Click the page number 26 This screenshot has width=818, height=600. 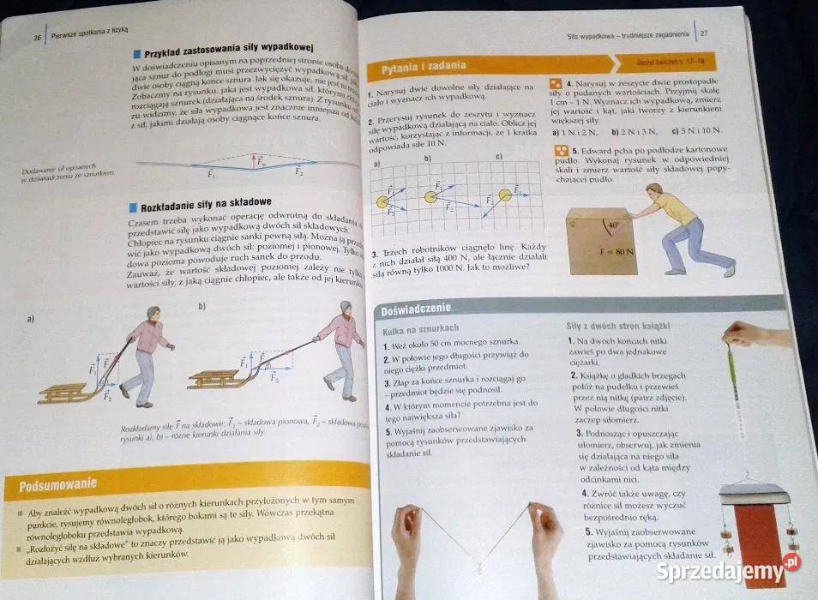[37, 37]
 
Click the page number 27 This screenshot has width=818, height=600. [703, 34]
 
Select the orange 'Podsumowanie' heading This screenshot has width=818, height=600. [57, 487]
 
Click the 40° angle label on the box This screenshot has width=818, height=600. [611, 227]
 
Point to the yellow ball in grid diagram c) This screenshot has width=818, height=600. [505, 195]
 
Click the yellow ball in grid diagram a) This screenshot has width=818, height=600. [382, 202]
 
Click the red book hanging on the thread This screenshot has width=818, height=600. [755, 531]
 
